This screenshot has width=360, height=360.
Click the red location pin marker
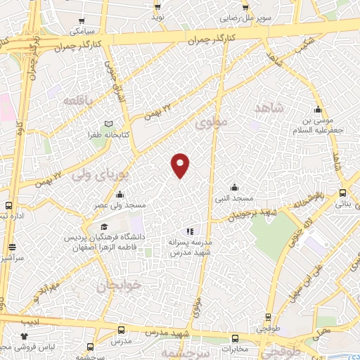[x=181, y=165]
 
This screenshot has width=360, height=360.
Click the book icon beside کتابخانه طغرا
[x=108, y=124]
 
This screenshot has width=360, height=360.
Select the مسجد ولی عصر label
[x=121, y=205]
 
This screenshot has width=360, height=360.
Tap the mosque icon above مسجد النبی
[x=234, y=187]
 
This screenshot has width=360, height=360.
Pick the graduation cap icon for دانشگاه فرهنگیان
[x=104, y=227]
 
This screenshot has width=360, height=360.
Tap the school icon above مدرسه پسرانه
[x=188, y=231]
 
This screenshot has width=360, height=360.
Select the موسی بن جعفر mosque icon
[x=318, y=110]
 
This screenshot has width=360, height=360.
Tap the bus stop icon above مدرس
[x=122, y=329]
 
